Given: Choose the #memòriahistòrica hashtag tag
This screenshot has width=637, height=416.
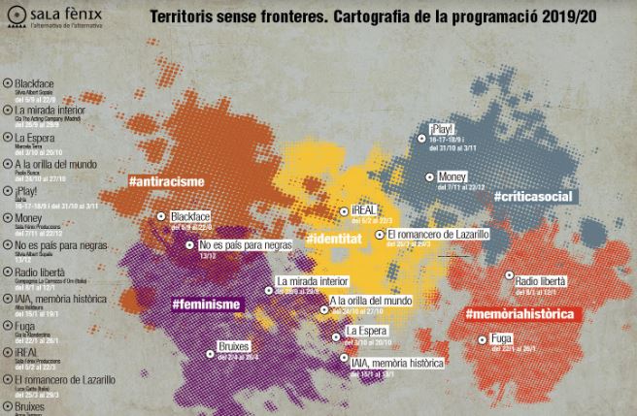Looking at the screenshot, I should pyautogui.click(x=521, y=313).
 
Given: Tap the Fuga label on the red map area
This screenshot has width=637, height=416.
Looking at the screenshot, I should pyautogui.click(x=502, y=338).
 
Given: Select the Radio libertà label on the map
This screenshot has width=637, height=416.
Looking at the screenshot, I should pyautogui.click(x=541, y=278).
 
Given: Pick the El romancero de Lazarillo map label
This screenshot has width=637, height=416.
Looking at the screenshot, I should pyautogui.click(x=437, y=234).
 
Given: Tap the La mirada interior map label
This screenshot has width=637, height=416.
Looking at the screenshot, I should pyautogui.click(x=312, y=282).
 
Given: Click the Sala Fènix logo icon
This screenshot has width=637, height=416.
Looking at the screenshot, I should pyautogui.click(x=17, y=18).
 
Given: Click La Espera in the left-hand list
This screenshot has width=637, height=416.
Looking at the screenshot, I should pyautogui.click(x=35, y=137).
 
